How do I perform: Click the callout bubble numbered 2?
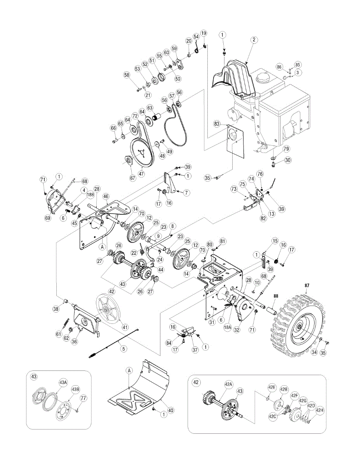tap(254, 39)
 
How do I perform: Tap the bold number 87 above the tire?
tap(307, 285)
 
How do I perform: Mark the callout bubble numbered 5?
tap(123, 349)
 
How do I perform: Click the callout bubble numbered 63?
tap(150, 108)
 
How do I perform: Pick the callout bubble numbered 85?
tap(298, 64)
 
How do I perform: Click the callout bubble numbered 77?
tap(83, 398)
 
